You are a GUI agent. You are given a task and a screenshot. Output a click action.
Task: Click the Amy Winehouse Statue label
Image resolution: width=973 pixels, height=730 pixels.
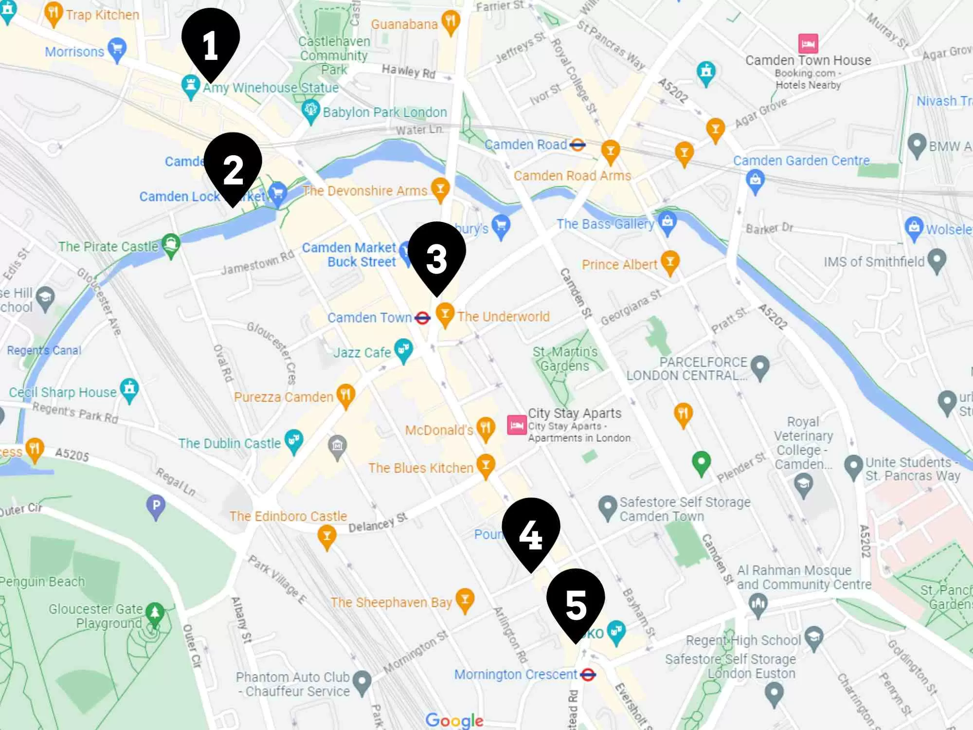270,88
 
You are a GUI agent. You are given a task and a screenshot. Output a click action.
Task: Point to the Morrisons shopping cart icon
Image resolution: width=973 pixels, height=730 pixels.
117,49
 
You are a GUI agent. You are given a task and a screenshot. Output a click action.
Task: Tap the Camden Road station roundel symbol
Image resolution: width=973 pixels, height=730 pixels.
577,145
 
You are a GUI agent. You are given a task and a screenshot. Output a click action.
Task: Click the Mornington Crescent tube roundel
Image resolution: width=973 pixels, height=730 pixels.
588,675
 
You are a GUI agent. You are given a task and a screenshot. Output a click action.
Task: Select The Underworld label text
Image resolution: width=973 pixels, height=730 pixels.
503,317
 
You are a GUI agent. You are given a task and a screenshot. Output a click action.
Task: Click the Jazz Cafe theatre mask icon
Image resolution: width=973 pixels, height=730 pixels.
403,349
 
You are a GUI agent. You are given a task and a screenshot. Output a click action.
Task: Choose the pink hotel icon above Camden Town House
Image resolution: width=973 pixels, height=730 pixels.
808,44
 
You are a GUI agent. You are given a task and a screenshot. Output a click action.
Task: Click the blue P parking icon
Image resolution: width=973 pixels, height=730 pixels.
156,506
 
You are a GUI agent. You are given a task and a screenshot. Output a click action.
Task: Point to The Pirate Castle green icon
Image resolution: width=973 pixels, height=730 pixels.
171,243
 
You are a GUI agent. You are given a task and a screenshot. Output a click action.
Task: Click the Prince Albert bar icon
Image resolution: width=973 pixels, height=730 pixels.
670,262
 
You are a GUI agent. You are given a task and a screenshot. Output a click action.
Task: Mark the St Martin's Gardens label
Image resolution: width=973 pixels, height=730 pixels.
565,359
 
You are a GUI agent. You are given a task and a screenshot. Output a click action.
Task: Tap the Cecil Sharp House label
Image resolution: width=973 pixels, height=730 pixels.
63,392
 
